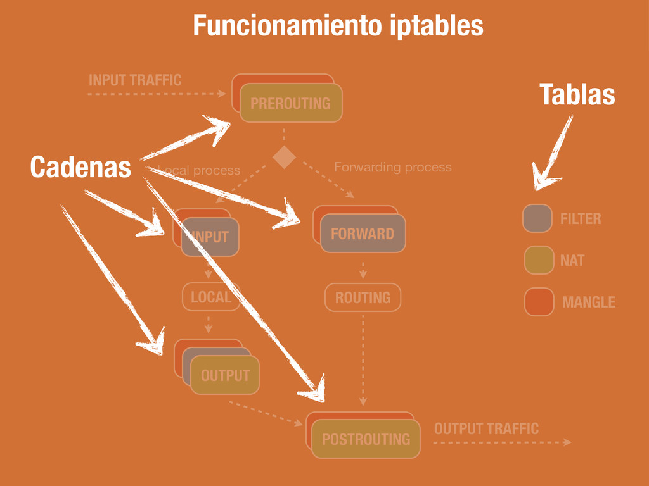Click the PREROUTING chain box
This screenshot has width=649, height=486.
[x=290, y=103]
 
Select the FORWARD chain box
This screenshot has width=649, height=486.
[x=363, y=234]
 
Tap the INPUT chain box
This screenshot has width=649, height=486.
[x=210, y=237]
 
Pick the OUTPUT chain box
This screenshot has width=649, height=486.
[x=225, y=375]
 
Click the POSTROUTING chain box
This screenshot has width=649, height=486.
[x=366, y=439]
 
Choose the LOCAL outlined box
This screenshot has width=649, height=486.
[x=211, y=297]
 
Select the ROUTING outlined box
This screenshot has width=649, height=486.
[x=363, y=297]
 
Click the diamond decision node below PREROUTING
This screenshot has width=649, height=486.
[x=284, y=157]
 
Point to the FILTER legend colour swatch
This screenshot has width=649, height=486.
[x=537, y=218]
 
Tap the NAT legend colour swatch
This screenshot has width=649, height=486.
[x=539, y=260]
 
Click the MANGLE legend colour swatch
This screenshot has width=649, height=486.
[x=539, y=302]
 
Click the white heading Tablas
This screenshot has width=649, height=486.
[x=577, y=95]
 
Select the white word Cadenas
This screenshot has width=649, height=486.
[x=80, y=168]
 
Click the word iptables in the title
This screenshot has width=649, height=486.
[x=437, y=26]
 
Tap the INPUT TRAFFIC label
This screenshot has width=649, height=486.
[x=135, y=80]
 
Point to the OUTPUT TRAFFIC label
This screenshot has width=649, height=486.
[x=486, y=429]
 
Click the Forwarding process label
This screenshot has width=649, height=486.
[x=393, y=167]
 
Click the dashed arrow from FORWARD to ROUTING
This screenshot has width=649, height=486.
[x=363, y=269]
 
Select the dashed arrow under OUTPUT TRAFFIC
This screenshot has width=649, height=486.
[x=501, y=442]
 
